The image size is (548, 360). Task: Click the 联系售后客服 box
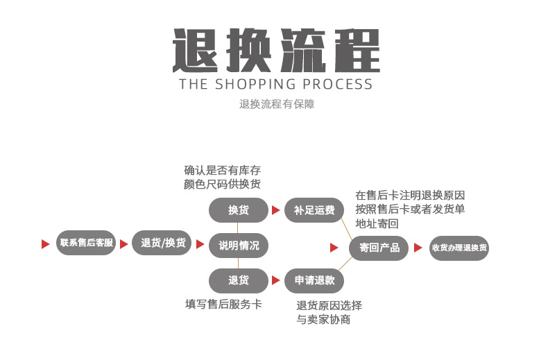[x=86, y=243]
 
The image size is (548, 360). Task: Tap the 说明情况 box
[x=239, y=245]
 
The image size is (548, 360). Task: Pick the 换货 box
[x=239, y=210]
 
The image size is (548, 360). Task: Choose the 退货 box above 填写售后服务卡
[x=239, y=280]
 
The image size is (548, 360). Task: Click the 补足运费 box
[x=314, y=210]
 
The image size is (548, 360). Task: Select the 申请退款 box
[x=314, y=280]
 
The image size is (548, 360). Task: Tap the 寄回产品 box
[x=379, y=248]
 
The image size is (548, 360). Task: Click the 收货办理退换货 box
[x=459, y=248]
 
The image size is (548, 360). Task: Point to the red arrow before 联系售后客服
[x=46, y=243]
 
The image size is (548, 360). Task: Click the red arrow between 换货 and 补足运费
[x=276, y=210]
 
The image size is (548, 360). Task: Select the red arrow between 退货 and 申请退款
[x=276, y=280]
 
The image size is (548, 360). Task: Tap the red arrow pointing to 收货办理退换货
[x=418, y=248]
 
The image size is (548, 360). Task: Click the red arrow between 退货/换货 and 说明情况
[x=201, y=244]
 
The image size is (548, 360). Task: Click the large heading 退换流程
[x=275, y=50]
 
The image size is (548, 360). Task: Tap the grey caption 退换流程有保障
[x=276, y=105]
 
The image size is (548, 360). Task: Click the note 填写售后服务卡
[x=223, y=304]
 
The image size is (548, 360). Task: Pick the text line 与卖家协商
[x=323, y=320]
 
